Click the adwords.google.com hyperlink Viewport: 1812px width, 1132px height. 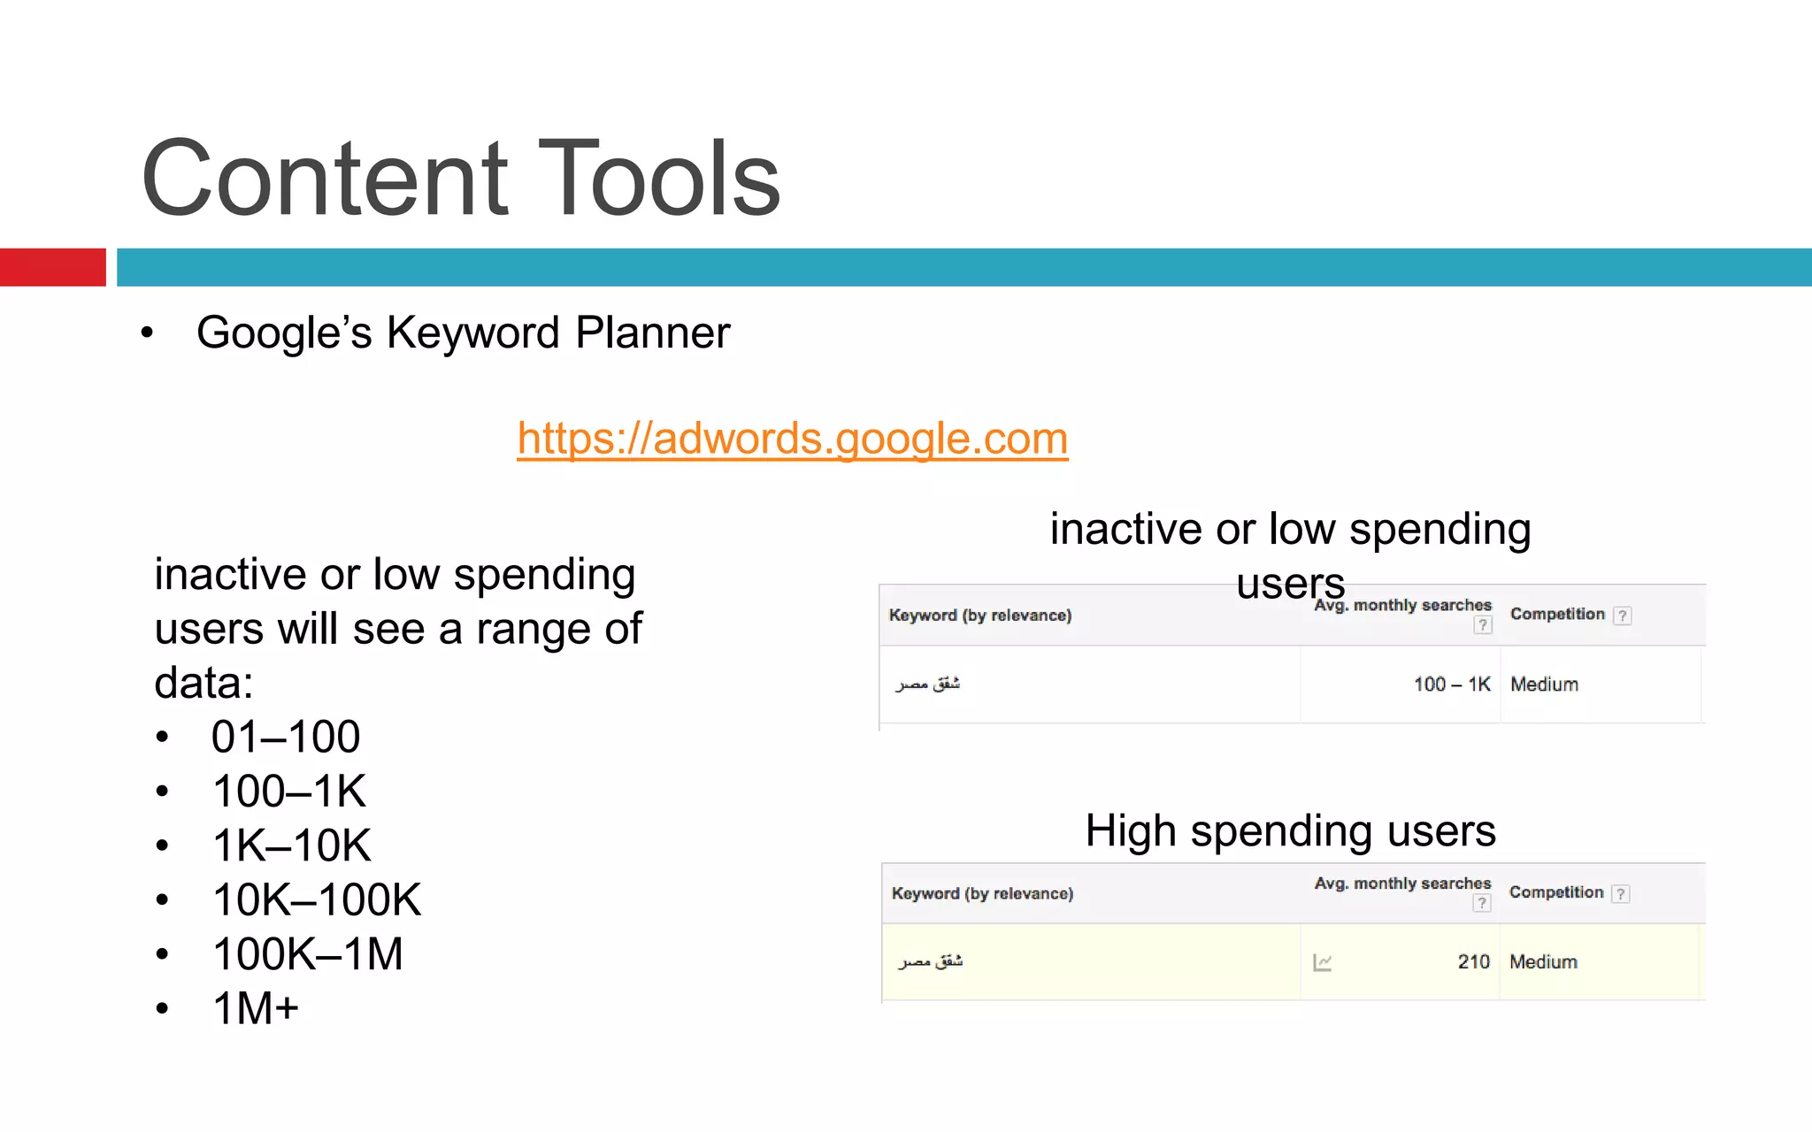pos(792,439)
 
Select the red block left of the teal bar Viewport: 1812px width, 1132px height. pos(52,267)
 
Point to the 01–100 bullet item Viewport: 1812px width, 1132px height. pos(285,737)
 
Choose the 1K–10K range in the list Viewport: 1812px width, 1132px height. pos(291,845)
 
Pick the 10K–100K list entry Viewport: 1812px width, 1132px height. pos(317,899)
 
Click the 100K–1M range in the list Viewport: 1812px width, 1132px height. pos(307,954)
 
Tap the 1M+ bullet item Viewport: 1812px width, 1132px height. pos(256,1008)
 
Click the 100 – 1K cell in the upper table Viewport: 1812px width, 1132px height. pos(1451,685)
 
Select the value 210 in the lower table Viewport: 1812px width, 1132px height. pos(1473,962)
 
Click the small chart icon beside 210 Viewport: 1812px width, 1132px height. pos(1323,962)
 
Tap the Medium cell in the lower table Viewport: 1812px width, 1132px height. pos(1543,962)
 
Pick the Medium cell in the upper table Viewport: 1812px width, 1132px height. pos(1544,685)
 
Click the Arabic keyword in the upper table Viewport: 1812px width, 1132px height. pos(927,684)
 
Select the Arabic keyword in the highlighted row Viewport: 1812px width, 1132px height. pos(930,961)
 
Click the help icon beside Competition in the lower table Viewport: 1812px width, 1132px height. pos(1620,894)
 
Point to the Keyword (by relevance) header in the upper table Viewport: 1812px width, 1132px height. pos(979,616)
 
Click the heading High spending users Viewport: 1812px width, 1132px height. pos(1290,831)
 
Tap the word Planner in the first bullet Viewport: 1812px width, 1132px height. pos(652,333)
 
